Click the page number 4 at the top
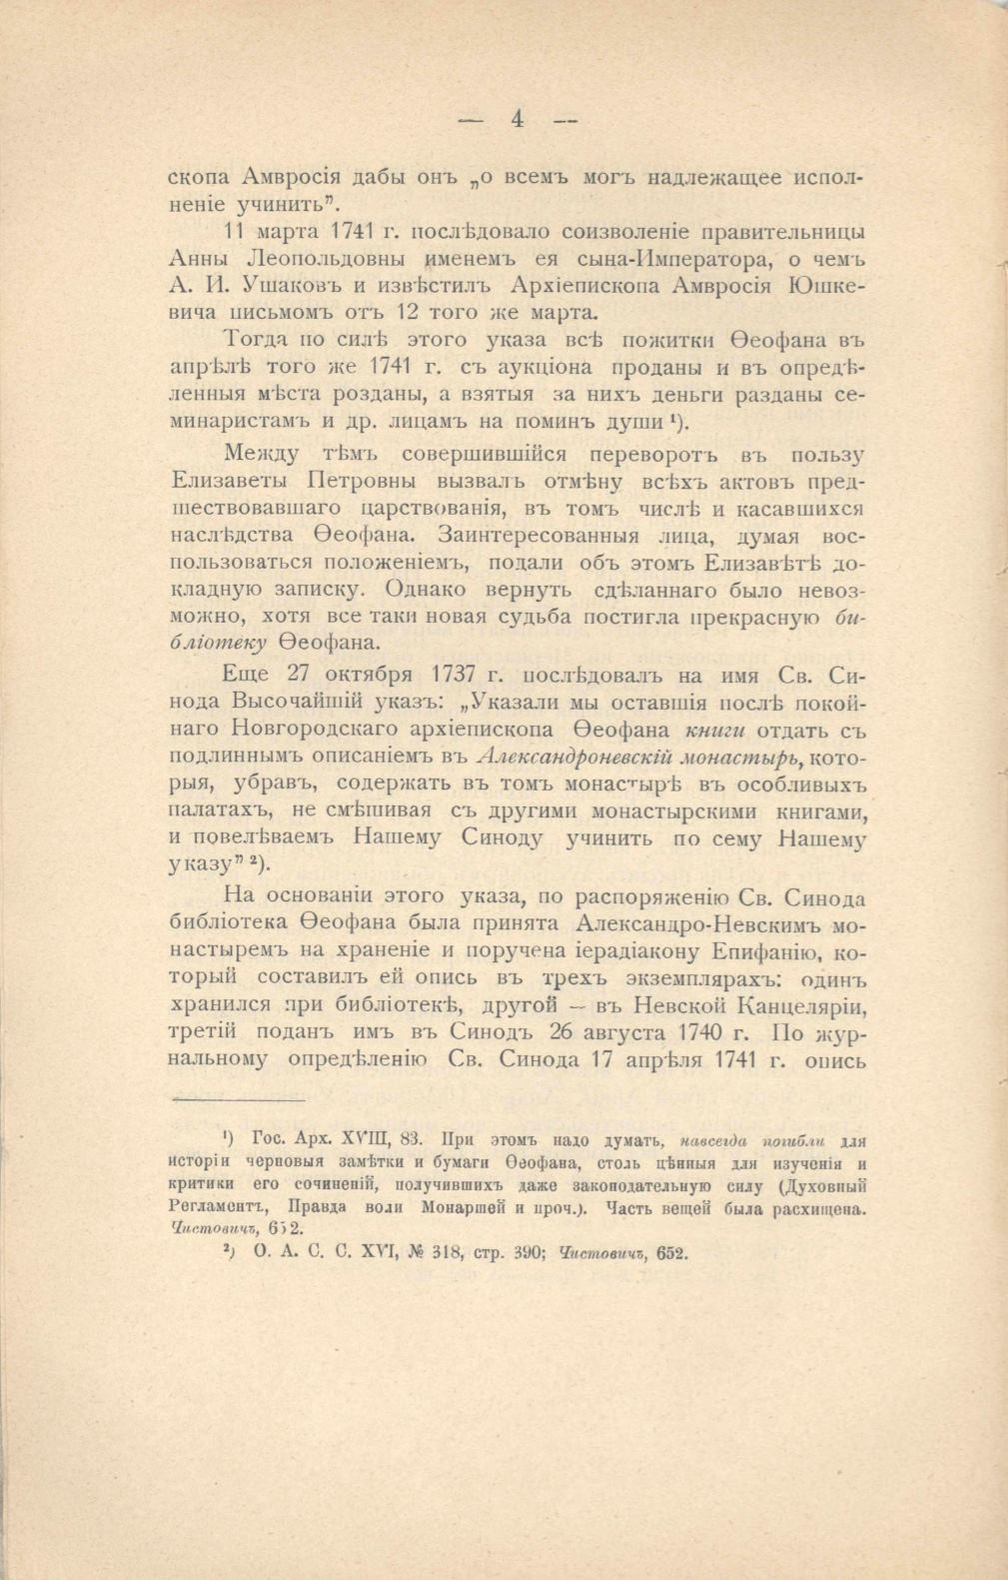[x=517, y=118]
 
